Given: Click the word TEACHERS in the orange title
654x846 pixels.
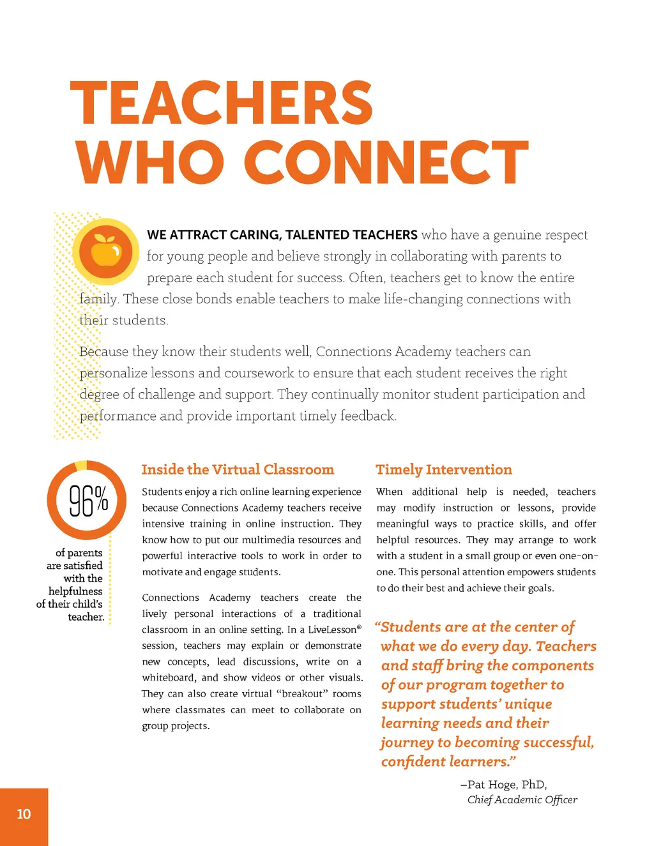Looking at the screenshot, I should pyautogui.click(x=222, y=103).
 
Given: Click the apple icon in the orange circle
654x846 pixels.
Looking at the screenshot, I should pyautogui.click(x=106, y=250).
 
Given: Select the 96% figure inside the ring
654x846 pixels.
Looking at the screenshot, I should pyautogui.click(x=88, y=501).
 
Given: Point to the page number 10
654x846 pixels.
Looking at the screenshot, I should pyautogui.click(x=24, y=814).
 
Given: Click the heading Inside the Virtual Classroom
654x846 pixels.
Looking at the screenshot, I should pyautogui.click(x=238, y=470).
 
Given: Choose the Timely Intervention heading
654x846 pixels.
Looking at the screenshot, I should pyautogui.click(x=444, y=470).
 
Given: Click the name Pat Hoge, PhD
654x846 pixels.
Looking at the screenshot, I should pyautogui.click(x=507, y=785).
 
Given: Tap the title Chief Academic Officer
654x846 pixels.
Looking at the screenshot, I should pyautogui.click(x=522, y=800).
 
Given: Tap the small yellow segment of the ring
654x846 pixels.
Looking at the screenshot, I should pyautogui.click(x=81, y=465).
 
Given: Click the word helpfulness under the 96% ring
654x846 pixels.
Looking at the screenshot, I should pyautogui.click(x=75, y=591).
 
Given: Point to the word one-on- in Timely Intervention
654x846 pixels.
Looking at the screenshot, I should pyautogui.click(x=577, y=556).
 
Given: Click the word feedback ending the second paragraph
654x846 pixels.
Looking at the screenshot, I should pyautogui.click(x=368, y=416).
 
